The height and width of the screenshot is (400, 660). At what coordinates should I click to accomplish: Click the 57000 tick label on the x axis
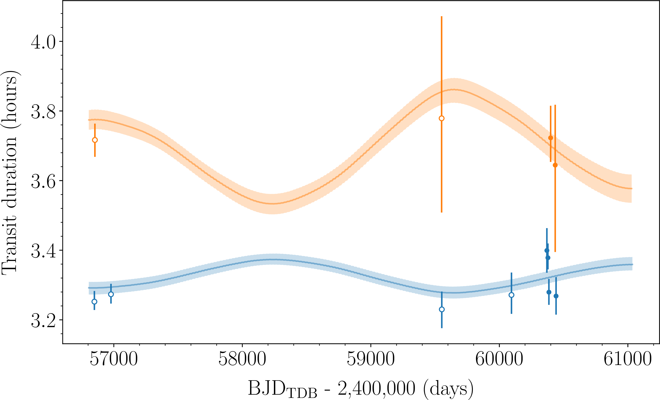click(114, 359)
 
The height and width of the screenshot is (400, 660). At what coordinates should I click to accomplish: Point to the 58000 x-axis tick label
click(242, 359)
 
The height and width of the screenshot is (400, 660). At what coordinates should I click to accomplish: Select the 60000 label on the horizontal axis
click(499, 359)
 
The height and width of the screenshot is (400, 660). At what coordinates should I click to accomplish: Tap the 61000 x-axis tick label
click(628, 359)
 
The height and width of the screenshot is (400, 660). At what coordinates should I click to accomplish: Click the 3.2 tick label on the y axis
click(43, 320)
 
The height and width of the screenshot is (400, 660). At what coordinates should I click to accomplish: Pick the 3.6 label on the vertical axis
click(43, 181)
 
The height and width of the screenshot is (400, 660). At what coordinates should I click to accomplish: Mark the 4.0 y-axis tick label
click(43, 42)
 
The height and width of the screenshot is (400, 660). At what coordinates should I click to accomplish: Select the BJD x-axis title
click(360, 388)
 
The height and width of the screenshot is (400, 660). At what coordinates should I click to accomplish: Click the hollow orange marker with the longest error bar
click(442, 118)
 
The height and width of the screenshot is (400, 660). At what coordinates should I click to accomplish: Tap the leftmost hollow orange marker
click(95, 140)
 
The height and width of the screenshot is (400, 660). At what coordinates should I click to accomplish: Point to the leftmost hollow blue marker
click(94, 302)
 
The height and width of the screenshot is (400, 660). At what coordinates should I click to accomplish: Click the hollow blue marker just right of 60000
click(511, 295)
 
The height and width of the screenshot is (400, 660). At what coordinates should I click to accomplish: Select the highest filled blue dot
click(547, 251)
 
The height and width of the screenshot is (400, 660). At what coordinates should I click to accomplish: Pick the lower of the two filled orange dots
click(555, 165)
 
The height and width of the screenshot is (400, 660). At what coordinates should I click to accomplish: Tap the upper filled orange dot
click(550, 138)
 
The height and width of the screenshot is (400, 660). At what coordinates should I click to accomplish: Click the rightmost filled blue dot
click(556, 296)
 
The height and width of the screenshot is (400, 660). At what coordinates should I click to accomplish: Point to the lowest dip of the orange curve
click(272, 204)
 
